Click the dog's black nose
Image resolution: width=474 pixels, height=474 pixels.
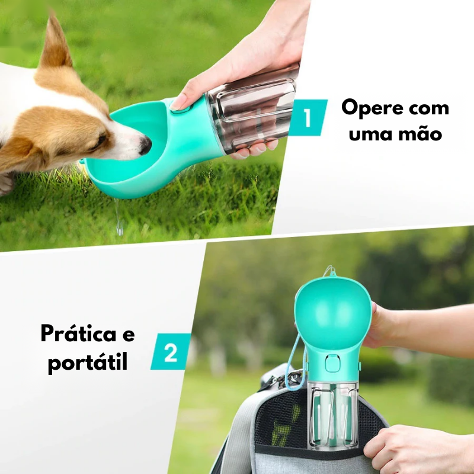pyautogui.click(x=145, y=145)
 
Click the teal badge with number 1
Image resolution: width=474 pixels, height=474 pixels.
pyautogui.click(x=308, y=117)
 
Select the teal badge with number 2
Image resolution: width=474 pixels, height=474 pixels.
pyautogui.click(x=171, y=351)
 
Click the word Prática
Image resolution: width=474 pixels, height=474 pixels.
pyautogui.click(x=78, y=334)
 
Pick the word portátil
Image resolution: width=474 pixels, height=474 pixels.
pyautogui.click(x=88, y=362)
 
